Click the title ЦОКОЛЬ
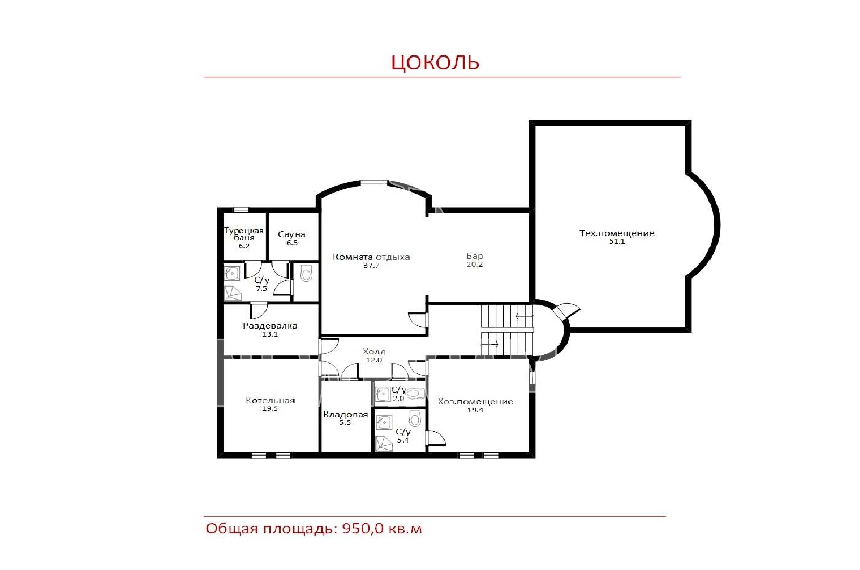point(435,62)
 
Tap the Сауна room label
point(292,234)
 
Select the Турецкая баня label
point(244,234)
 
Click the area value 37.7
point(371,266)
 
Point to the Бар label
point(475,256)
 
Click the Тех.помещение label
point(617,233)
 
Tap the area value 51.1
point(617,241)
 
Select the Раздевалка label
point(270,326)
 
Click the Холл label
point(374,352)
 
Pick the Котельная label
point(270,401)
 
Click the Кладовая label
point(346,415)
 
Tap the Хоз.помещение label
point(475,402)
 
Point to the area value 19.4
point(475,410)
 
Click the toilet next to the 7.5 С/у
point(306,273)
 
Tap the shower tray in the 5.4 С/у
point(384,444)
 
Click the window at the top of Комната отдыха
point(374,183)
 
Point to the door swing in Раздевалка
point(259,311)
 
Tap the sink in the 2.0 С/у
point(383,394)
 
